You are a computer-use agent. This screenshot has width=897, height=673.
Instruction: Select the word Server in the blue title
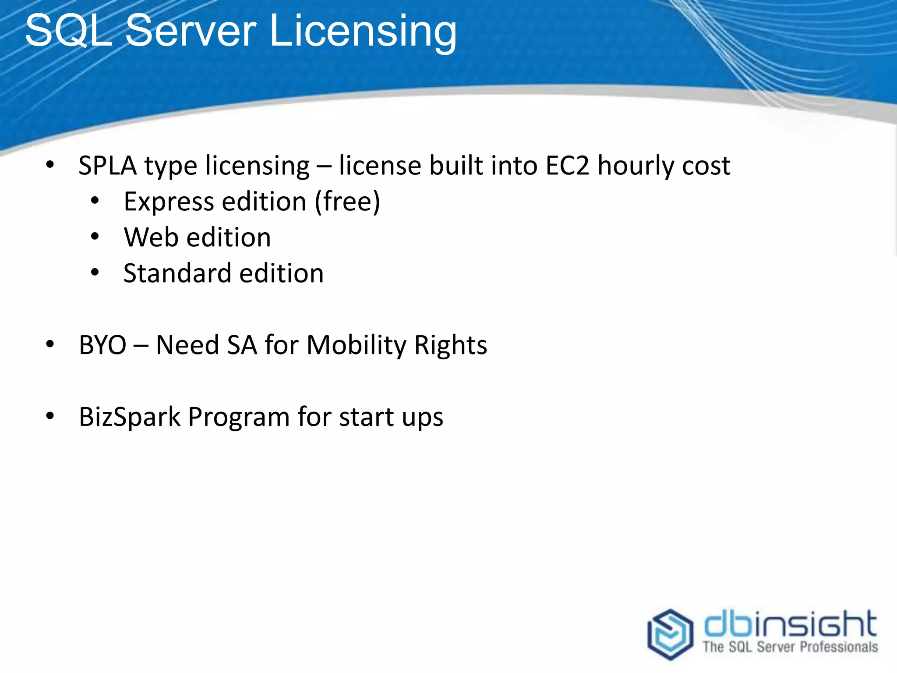tap(191, 31)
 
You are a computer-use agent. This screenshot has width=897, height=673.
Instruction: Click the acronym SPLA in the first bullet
tap(107, 166)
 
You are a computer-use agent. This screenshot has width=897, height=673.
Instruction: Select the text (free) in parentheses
tap(348, 202)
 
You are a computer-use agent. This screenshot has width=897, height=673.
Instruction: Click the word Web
tap(152, 238)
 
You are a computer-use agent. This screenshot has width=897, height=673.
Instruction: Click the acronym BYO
tap(102, 345)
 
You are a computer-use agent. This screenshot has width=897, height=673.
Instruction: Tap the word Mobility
tap(357, 345)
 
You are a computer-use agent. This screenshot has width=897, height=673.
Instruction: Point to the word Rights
tap(451, 345)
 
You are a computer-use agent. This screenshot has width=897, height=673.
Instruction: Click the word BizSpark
tap(130, 417)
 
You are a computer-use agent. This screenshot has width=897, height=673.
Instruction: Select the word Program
tap(239, 417)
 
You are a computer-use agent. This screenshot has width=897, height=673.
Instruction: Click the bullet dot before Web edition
tap(95, 237)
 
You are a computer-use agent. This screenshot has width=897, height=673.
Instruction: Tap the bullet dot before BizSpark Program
tap(50, 415)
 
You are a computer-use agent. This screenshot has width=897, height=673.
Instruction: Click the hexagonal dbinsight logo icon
tap(670, 634)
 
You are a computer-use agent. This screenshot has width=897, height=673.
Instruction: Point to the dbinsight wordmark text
tap(790, 624)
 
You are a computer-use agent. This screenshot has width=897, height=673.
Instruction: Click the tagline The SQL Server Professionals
tap(790, 647)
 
